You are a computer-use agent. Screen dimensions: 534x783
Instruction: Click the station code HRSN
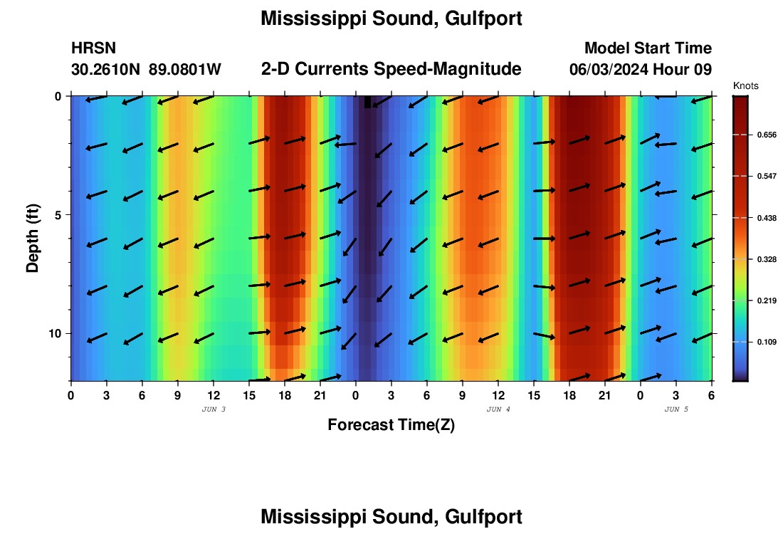tap(94, 48)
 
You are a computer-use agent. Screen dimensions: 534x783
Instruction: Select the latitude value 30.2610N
tap(106, 70)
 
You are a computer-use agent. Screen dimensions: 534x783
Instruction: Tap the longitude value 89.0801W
tap(185, 70)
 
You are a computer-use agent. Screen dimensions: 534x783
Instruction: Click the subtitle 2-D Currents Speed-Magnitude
tap(391, 69)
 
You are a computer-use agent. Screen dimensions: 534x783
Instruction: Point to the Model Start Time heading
tap(648, 48)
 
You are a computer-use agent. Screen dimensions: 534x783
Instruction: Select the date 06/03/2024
tap(609, 70)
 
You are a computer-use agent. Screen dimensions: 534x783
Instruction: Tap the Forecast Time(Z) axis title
tap(391, 425)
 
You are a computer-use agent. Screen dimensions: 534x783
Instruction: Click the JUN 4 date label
tap(498, 409)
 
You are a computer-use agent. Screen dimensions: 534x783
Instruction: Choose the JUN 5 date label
tap(676, 409)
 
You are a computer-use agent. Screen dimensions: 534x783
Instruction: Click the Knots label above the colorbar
tap(745, 86)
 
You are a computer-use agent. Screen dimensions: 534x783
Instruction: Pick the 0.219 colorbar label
tap(766, 300)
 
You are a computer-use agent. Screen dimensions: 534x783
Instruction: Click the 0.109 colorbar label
tap(766, 342)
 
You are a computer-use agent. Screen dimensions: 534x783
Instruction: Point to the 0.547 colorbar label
tap(766, 176)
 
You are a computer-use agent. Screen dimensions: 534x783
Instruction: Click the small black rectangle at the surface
tap(367, 102)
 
